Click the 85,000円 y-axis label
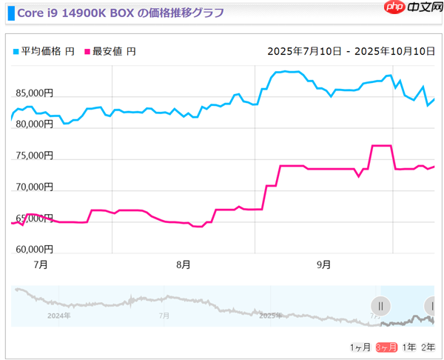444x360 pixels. [x=33, y=94]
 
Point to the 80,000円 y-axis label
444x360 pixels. [x=33, y=125]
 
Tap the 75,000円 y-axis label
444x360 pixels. [x=33, y=156]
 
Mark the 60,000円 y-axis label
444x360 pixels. [x=33, y=249]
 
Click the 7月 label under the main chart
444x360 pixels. [x=41, y=264]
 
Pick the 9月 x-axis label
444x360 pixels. [x=323, y=264]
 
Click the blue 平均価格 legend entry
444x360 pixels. [x=44, y=51]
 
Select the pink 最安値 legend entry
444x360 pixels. [x=110, y=51]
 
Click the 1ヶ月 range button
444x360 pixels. [x=361, y=347]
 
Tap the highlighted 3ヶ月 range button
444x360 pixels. [x=386, y=347]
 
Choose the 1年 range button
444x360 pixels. [x=408, y=347]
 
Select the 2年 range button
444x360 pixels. [x=428, y=347]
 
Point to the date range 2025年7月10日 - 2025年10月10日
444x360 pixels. [x=351, y=51]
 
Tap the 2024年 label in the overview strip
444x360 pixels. [x=59, y=316]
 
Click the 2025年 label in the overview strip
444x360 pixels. [x=270, y=316]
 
